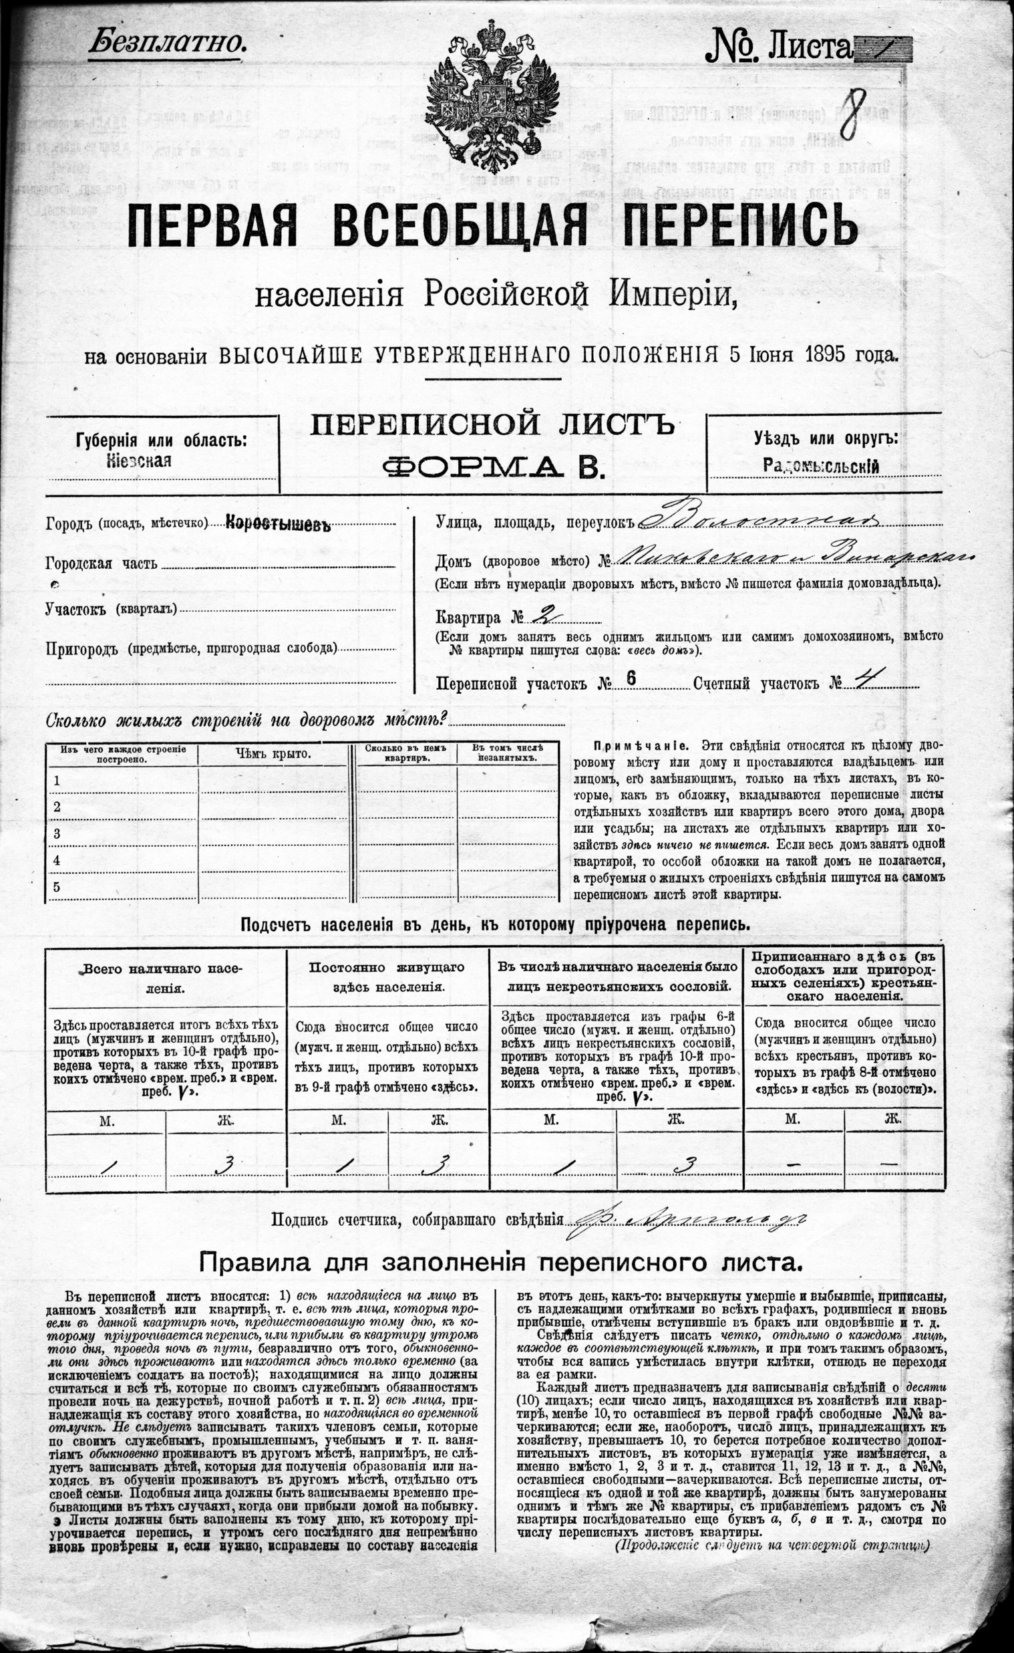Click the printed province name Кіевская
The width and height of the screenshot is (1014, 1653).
(139, 461)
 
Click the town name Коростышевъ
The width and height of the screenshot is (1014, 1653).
(279, 524)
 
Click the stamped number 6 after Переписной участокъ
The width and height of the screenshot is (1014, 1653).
(631, 678)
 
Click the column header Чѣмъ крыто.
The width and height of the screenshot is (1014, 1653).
(273, 754)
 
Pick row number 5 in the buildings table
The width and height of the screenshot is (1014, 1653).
(57, 887)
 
